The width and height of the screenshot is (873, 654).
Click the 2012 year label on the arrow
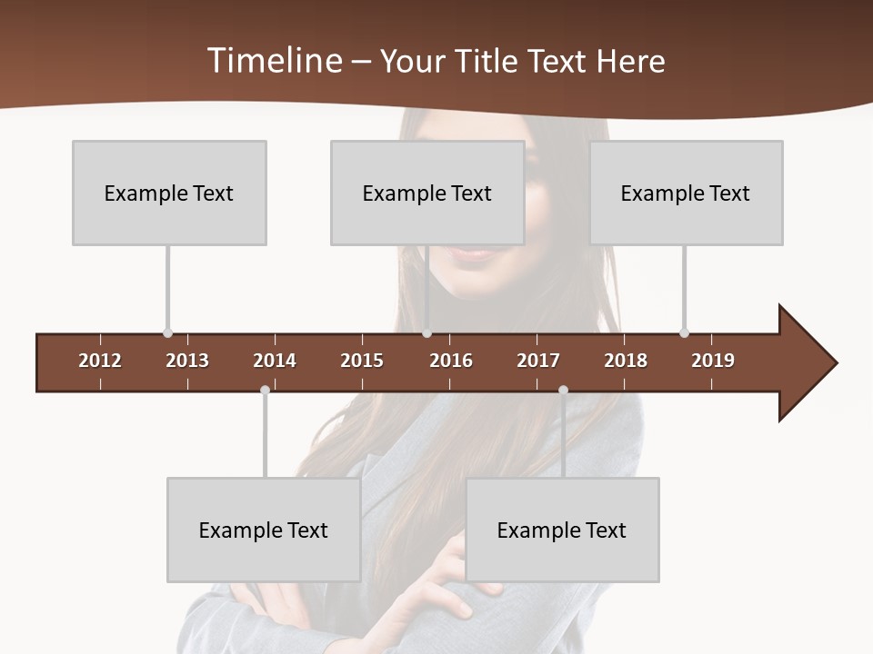pyautogui.click(x=100, y=361)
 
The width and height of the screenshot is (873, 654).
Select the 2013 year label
pyautogui.click(x=187, y=361)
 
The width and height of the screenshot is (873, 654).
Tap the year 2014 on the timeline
pyautogui.click(x=275, y=361)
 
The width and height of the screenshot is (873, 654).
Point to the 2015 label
pyautogui.click(x=362, y=361)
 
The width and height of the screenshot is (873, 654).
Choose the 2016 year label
pyautogui.click(x=451, y=361)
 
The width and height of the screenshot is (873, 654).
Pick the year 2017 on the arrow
pyautogui.click(x=538, y=361)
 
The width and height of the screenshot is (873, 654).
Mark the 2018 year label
pyautogui.click(x=626, y=361)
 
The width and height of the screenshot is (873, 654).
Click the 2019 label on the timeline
pyautogui.click(x=713, y=361)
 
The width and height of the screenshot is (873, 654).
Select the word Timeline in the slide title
pyautogui.click(x=274, y=61)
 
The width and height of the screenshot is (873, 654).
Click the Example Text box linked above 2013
pyautogui.click(x=169, y=193)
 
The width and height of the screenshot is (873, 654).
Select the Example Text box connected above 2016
pyautogui.click(x=427, y=193)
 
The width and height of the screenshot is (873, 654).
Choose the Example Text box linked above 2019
pyautogui.click(x=686, y=193)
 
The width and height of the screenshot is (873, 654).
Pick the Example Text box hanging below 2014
pyautogui.click(x=264, y=530)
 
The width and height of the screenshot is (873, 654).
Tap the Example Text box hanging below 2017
pyautogui.click(x=562, y=530)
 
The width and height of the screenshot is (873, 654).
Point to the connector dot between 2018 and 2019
pyautogui.click(x=684, y=333)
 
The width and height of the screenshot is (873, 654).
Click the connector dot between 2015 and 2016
pyautogui.click(x=426, y=333)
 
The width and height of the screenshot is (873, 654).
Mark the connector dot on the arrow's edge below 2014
pyautogui.click(x=265, y=391)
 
